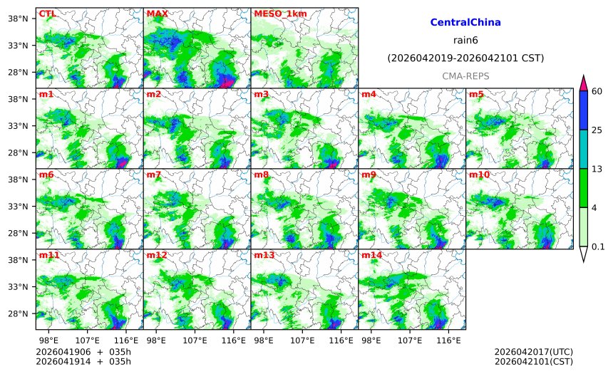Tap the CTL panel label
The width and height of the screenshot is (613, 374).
coord(47,14)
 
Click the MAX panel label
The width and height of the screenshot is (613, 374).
coord(157,14)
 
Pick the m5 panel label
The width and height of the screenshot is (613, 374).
coord(476,94)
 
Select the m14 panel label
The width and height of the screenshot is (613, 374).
coord(371,255)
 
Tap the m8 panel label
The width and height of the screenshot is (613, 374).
coord(262,175)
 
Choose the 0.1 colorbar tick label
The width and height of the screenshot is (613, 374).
coord(598,246)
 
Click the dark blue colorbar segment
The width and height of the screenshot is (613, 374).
coord(584,110)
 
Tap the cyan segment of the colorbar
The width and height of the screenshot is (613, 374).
coord(584,149)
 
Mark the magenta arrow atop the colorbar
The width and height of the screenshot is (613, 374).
coord(584,83)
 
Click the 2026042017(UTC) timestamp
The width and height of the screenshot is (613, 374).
coord(533,352)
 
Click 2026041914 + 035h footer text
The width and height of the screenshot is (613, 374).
coord(83,362)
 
